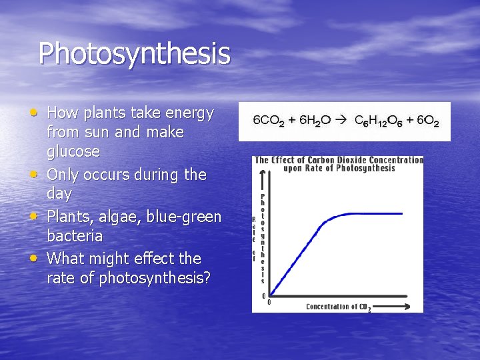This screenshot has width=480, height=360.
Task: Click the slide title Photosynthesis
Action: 134,54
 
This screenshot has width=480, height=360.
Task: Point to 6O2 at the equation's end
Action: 427,121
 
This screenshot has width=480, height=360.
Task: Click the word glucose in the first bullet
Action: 73,152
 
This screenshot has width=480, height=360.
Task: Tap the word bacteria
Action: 75,236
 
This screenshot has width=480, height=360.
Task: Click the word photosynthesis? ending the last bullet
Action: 155,277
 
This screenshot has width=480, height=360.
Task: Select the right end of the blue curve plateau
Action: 402,214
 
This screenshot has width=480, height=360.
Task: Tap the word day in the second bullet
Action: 59,193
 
